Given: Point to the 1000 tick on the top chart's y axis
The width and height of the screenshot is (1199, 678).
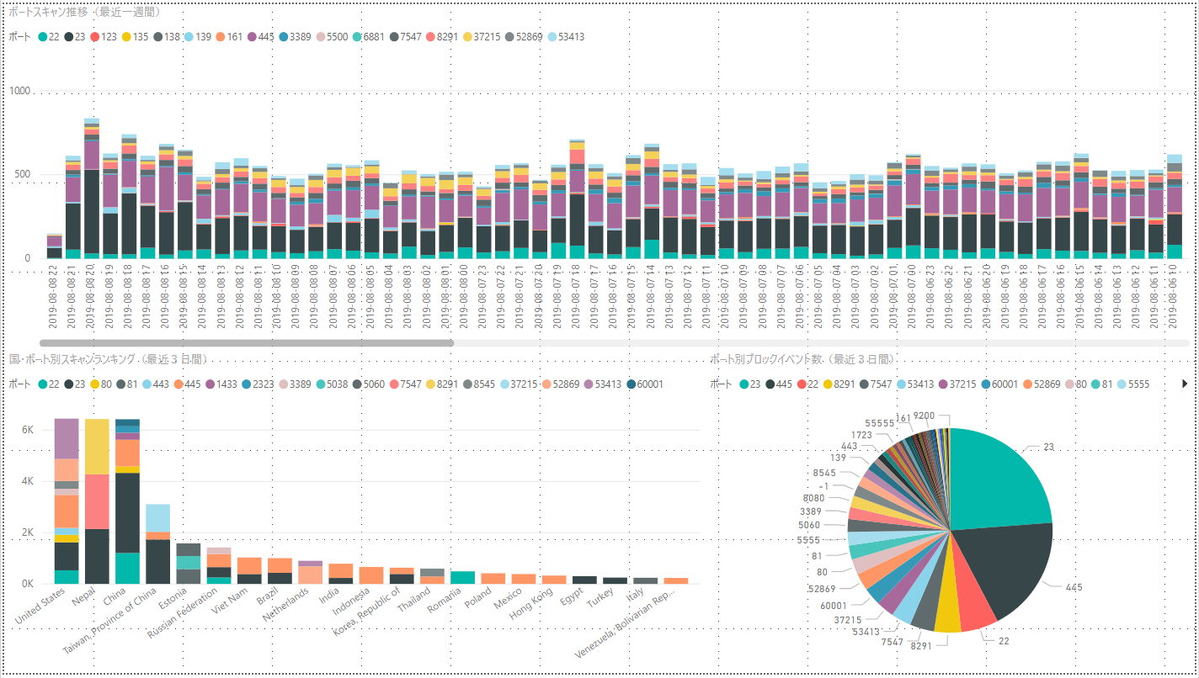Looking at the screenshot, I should click(x=19, y=91).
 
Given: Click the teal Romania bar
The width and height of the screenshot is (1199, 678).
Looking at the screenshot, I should click(x=462, y=577).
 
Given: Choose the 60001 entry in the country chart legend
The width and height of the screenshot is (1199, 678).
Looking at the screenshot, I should click(x=648, y=384).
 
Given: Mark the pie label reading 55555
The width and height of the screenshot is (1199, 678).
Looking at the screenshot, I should click(x=879, y=423).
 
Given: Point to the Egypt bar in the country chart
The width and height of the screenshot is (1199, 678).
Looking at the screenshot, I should click(x=584, y=580).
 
